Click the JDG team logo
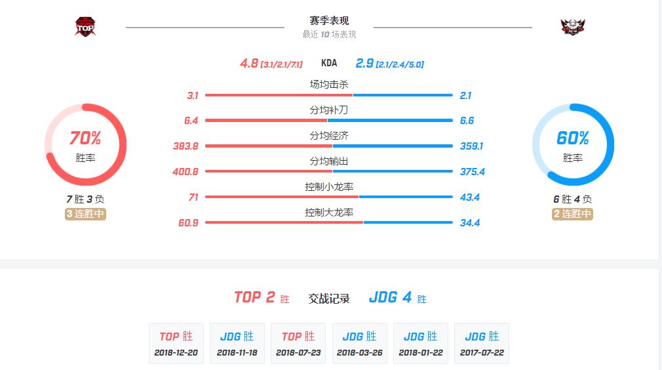(x=573, y=26)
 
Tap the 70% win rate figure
(x=85, y=138)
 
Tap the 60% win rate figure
(x=573, y=138)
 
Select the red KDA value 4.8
(x=248, y=64)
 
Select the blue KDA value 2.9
(x=364, y=64)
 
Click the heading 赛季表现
(x=329, y=21)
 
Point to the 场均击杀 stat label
(x=329, y=85)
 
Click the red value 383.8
(x=185, y=146)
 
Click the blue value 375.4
(x=472, y=172)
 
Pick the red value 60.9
(x=187, y=223)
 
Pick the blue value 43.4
(x=470, y=197)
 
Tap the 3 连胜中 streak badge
(x=85, y=215)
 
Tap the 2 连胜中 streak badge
(x=573, y=215)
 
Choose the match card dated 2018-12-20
(x=176, y=343)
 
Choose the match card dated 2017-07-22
(x=482, y=343)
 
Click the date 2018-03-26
(x=360, y=353)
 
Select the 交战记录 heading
(x=329, y=298)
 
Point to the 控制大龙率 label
(x=329, y=213)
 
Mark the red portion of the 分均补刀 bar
(x=265, y=121)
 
